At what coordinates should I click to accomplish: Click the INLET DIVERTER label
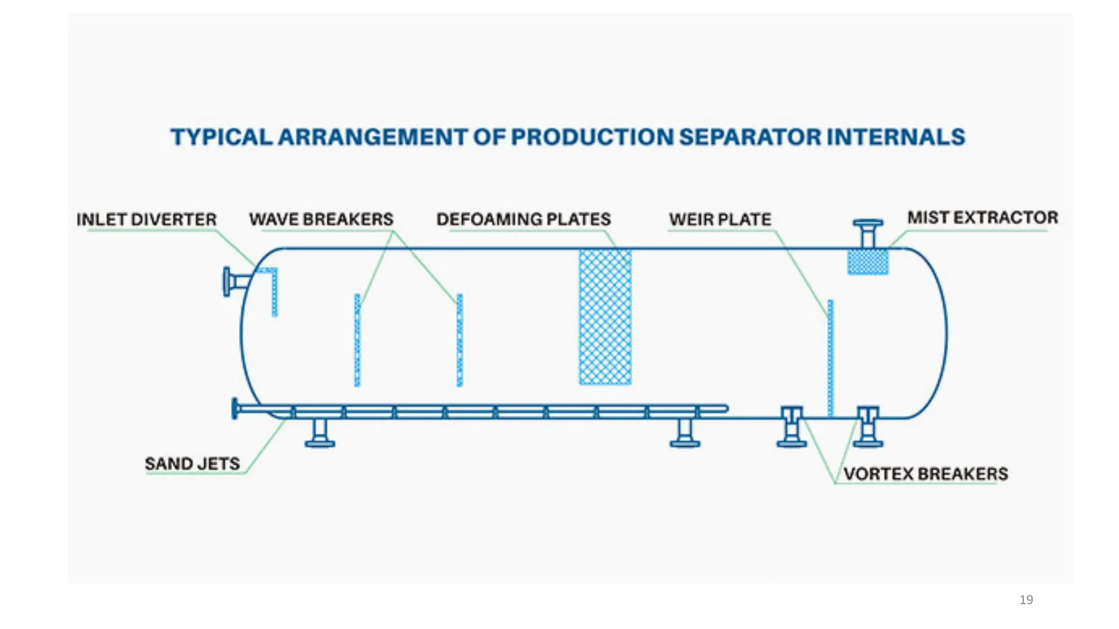146,219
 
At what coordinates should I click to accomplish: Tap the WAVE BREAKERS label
321,219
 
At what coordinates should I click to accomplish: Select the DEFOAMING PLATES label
523,219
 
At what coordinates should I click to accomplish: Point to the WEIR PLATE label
720,219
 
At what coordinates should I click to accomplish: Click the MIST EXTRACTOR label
982,218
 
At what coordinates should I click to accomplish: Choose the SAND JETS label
192,464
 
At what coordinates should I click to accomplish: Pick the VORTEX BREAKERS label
926,473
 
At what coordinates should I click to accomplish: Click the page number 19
1026,600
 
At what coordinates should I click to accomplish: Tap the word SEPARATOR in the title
750,137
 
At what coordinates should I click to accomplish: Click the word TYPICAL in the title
221,137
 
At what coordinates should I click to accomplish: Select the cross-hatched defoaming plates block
605,317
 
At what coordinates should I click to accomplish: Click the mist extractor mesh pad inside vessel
868,262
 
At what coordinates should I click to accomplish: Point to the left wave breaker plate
357,340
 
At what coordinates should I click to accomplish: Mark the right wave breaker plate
460,340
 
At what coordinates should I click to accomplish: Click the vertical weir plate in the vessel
831,358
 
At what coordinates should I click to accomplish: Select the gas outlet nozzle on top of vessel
868,233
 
